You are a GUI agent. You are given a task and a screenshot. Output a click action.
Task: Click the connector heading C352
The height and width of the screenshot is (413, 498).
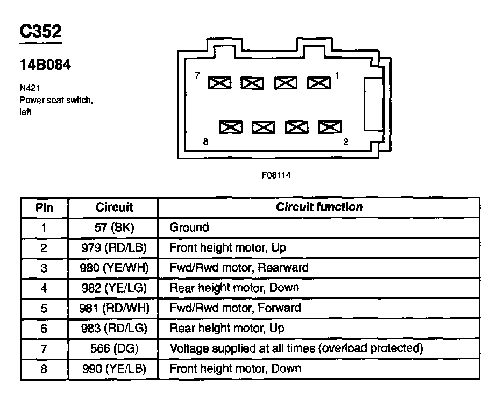click(x=40, y=32)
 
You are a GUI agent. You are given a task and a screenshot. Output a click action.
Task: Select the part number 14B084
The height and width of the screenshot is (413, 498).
click(x=45, y=65)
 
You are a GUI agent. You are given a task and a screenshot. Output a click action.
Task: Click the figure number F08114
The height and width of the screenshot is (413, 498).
click(x=276, y=175)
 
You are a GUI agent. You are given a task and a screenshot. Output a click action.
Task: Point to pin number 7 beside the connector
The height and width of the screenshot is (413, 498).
click(x=197, y=76)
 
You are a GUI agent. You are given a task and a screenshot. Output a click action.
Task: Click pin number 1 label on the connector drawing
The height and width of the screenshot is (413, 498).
click(x=337, y=76)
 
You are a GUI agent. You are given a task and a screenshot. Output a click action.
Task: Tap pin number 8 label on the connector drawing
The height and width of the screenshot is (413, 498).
click(x=205, y=142)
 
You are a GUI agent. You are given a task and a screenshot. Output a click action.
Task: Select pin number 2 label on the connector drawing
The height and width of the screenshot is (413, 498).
click(x=345, y=142)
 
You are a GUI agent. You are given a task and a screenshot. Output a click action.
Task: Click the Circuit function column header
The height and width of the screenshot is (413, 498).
click(x=319, y=207)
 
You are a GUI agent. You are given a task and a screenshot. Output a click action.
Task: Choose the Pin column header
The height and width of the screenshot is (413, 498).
click(x=45, y=208)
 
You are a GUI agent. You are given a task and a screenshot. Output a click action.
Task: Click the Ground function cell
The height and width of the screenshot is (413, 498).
click(x=189, y=227)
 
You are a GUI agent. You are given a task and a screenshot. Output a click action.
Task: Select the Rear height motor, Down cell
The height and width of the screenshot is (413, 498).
click(x=234, y=288)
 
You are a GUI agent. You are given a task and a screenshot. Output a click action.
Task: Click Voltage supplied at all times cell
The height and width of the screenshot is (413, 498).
click(x=296, y=348)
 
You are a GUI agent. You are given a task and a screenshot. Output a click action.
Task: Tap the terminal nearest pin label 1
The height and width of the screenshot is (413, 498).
click(x=319, y=82)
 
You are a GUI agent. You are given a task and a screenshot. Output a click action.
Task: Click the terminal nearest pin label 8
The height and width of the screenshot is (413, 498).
click(x=231, y=127)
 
